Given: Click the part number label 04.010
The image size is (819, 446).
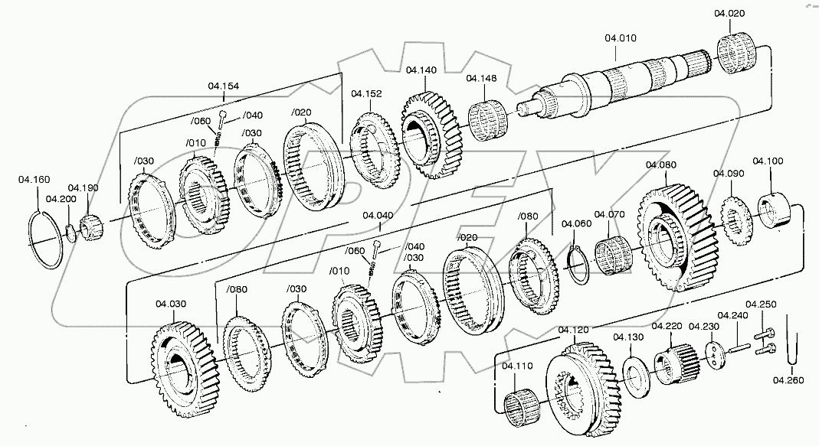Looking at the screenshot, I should click(620, 37).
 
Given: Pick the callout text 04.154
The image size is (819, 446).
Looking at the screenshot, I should click(223, 86).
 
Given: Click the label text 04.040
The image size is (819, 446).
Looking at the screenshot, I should click(378, 216).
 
